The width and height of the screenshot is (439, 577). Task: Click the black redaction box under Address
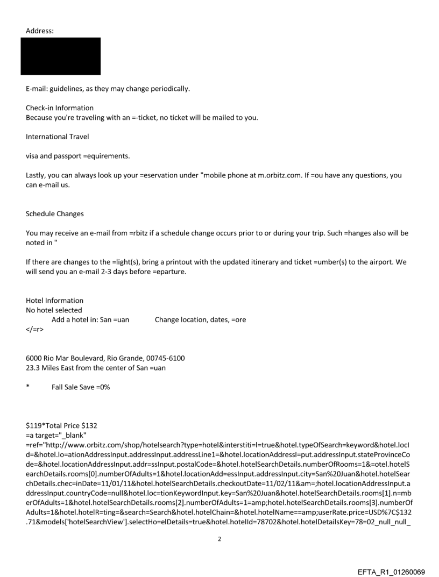click(x=60, y=56)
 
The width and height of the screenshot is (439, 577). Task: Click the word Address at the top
click(x=40, y=31)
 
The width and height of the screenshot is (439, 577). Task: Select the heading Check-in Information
click(x=60, y=108)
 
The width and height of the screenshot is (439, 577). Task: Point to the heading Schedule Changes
click(x=55, y=213)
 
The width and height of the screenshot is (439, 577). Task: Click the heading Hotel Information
click(x=55, y=301)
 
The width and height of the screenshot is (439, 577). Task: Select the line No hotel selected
click(x=54, y=310)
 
